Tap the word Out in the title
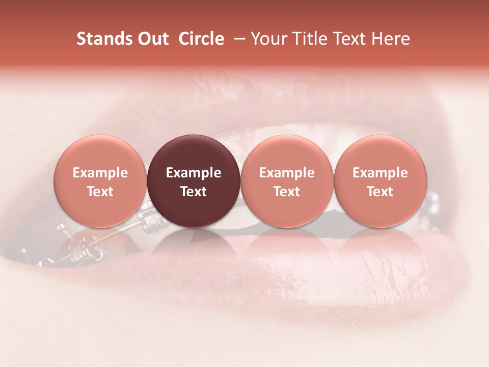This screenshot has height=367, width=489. tap(152, 39)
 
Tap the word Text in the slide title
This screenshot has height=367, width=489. tap(347, 39)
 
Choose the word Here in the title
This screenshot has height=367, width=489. tap(389, 39)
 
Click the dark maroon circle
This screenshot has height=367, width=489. tap(194, 181)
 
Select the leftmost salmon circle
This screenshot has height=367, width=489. tap(100, 181)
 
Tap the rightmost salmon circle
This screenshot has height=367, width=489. tap(381, 181)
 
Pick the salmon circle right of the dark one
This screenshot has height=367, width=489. tap(287, 181)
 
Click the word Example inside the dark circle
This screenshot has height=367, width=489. tap(194, 173)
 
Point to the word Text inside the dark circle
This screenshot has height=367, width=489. tap(194, 191)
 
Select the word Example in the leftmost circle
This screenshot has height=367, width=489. tap(100, 173)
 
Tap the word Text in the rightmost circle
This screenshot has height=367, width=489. tap(381, 191)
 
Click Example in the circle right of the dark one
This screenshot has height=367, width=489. tap(287, 173)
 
